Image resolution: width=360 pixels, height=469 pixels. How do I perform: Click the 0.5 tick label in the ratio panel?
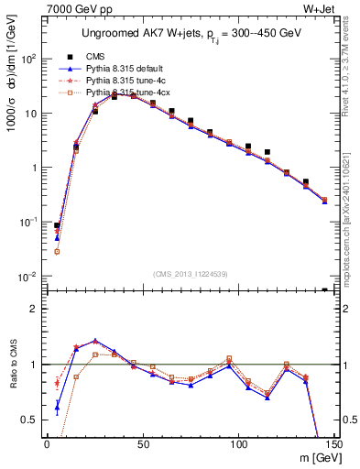click(x=32, y=420)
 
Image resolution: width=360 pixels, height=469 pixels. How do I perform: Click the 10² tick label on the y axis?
click(x=29, y=59)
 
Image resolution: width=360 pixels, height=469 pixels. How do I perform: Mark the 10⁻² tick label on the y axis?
click(x=29, y=277)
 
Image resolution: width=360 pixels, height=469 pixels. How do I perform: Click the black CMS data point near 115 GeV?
click(x=267, y=152)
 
